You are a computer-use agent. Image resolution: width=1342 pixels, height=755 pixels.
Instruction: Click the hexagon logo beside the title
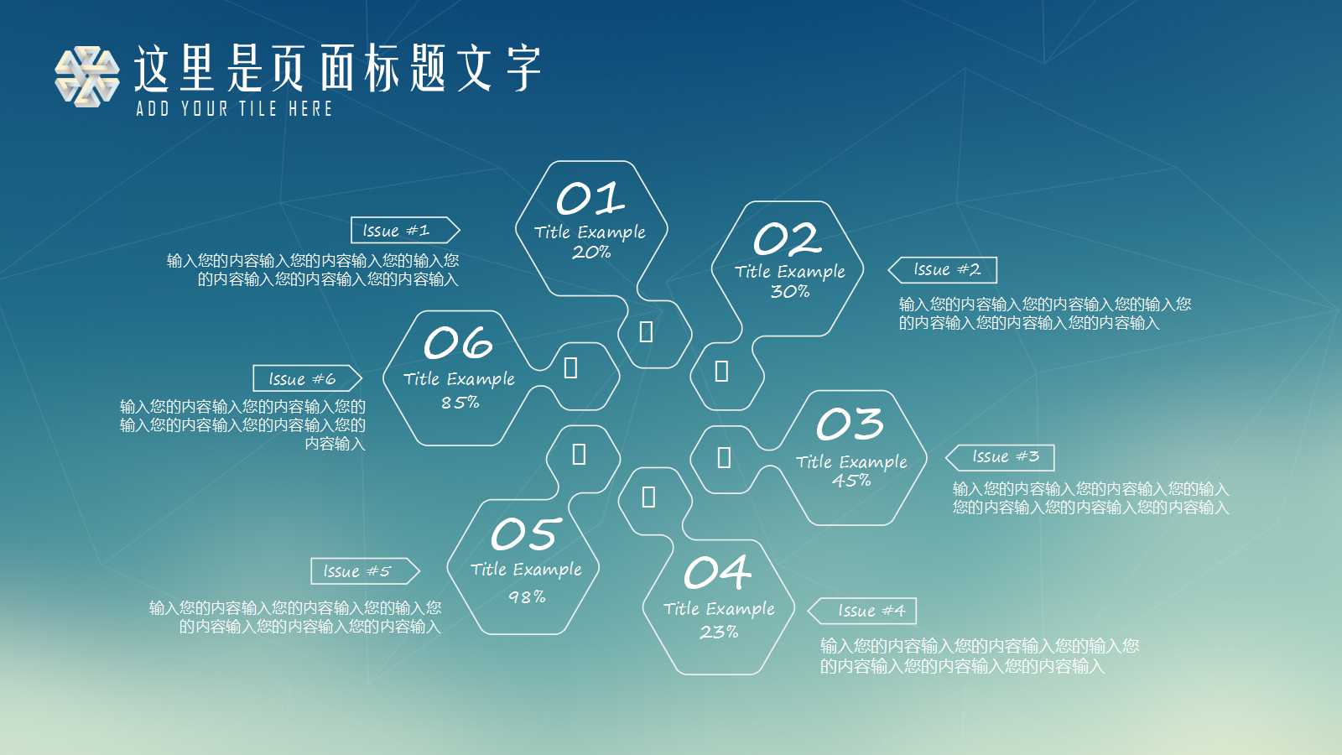86,76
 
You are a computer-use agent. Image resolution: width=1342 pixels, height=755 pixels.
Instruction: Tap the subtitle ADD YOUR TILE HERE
235,108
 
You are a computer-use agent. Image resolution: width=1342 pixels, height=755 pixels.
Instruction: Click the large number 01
590,199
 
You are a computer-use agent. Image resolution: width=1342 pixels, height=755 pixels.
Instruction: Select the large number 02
787,239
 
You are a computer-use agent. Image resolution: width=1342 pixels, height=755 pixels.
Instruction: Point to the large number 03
850,424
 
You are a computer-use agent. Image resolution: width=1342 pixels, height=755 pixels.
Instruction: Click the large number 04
717,573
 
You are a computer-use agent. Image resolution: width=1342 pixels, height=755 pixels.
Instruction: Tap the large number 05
526,534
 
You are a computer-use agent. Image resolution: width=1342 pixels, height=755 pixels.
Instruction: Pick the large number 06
458,343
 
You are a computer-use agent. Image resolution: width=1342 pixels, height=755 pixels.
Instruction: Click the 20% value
591,252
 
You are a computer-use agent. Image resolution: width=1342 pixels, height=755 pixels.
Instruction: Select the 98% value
527,596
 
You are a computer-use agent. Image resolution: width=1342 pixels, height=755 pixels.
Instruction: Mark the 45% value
851,481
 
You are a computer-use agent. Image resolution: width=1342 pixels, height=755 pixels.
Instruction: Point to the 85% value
460,403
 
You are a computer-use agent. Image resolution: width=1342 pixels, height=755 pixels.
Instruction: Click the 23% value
719,632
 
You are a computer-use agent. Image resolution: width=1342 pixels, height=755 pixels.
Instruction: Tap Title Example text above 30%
790,272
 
